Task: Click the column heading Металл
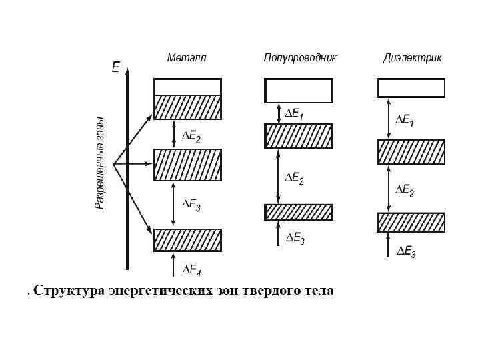(x=187, y=58)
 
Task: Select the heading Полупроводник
(x=300, y=58)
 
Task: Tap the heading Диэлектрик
(x=412, y=58)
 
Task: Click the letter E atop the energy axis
(x=116, y=67)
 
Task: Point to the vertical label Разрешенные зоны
(x=99, y=164)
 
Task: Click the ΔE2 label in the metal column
(x=192, y=137)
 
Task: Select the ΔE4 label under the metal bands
(x=192, y=271)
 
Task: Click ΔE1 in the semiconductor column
(x=294, y=114)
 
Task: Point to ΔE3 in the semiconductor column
(x=294, y=239)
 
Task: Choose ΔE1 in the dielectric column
(x=405, y=121)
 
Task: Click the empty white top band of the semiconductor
(x=299, y=89)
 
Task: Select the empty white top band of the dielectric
(x=411, y=88)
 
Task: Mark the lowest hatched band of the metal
(x=187, y=240)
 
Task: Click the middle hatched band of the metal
(x=187, y=165)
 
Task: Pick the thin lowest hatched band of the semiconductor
(x=299, y=212)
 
